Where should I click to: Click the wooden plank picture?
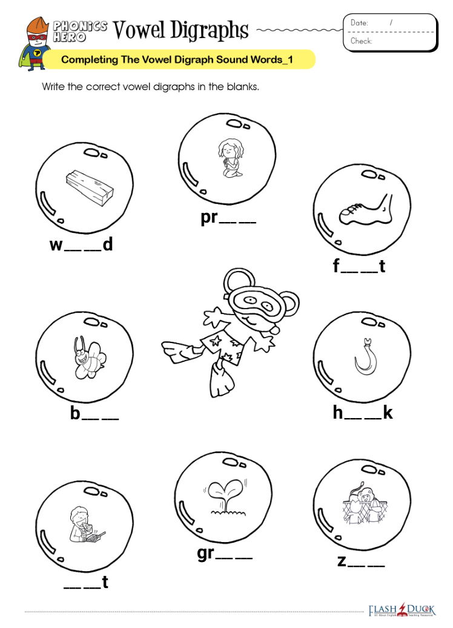coord(90,187)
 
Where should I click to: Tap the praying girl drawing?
coord(231,158)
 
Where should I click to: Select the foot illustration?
coord(366,209)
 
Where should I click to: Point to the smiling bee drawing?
coord(87,357)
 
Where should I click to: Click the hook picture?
coord(365,357)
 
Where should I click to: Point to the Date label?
coord(359,23)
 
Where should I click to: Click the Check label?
coord(362,41)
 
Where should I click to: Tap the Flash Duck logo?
coord(402,610)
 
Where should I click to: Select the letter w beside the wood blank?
coord(56,244)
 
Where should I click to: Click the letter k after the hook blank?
coord(388,413)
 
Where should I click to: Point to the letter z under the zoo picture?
coord(342,561)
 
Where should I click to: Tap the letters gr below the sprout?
coord(206,554)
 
